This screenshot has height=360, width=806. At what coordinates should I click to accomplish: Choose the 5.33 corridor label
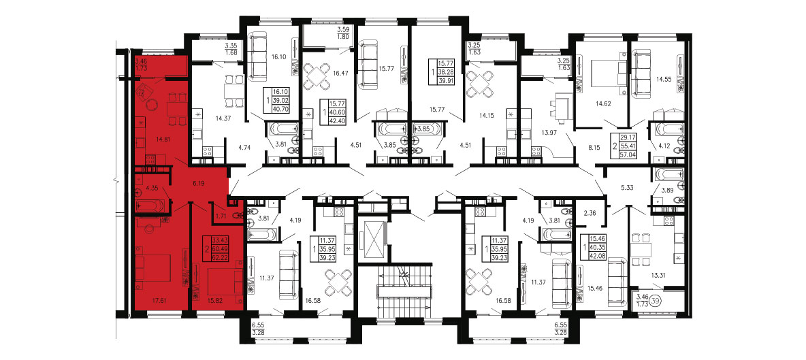coord(628,188)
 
